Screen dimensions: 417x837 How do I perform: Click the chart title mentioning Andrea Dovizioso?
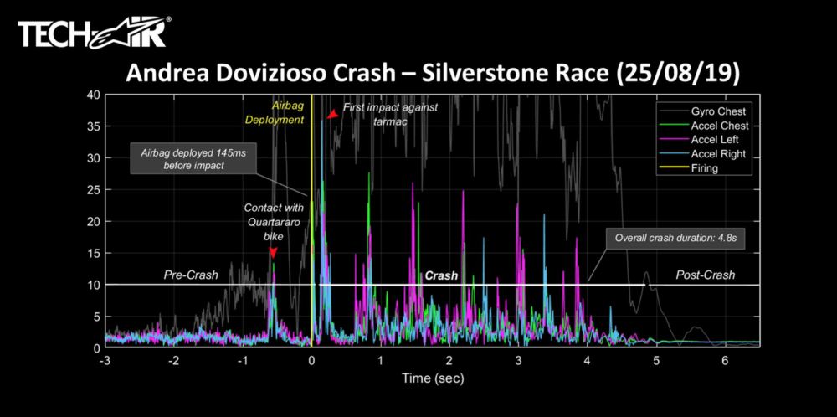(x=433, y=74)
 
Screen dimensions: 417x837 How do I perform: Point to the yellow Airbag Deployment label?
(x=282, y=113)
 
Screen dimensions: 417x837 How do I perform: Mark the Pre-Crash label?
(x=190, y=275)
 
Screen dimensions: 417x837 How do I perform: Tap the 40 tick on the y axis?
(x=95, y=95)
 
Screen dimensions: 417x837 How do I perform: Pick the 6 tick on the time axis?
(x=725, y=361)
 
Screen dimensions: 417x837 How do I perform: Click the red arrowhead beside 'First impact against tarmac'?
(x=332, y=115)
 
